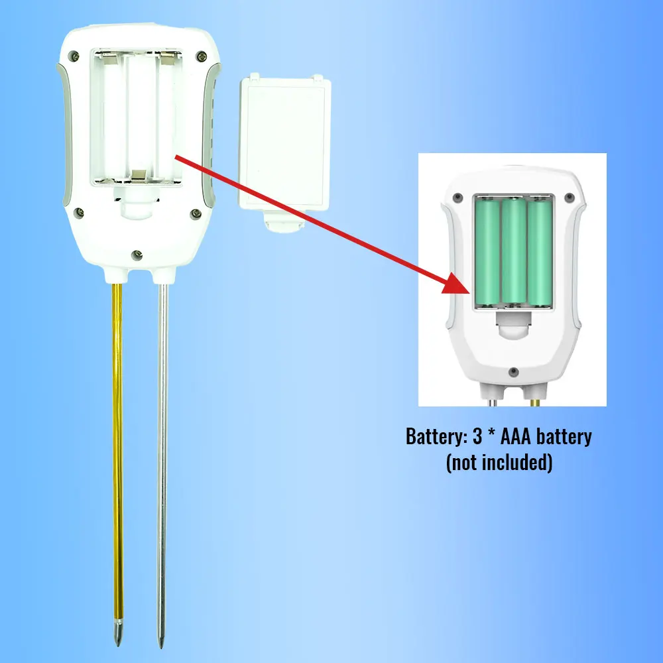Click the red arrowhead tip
click(470, 292)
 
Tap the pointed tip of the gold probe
click(118, 646)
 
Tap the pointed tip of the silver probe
click(160, 648)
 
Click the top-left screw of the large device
click(74, 55)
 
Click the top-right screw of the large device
click(202, 56)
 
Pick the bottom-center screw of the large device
click(137, 255)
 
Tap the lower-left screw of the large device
click(78, 213)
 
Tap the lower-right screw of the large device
click(196, 213)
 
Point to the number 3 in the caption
click(477, 436)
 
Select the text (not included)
click(499, 463)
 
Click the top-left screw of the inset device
click(457, 197)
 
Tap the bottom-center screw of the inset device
click(514, 372)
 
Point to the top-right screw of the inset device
click(569, 197)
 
